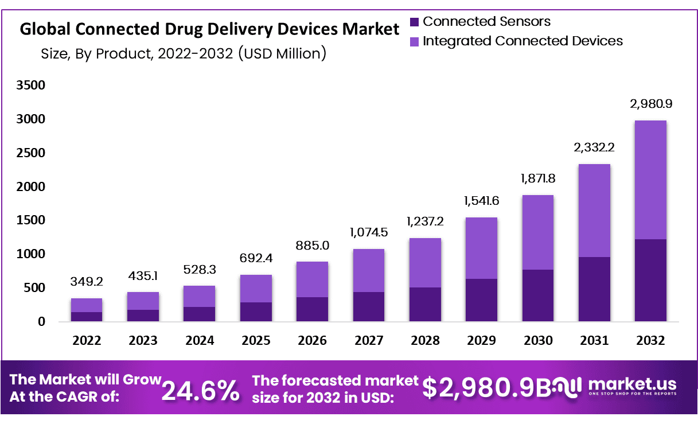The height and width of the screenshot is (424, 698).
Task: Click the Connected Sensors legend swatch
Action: [x=415, y=22]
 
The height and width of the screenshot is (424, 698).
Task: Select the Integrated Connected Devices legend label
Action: [x=522, y=41]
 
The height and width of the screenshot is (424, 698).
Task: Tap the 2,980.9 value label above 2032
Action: [x=650, y=104]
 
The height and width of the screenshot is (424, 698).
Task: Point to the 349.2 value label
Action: [x=87, y=282]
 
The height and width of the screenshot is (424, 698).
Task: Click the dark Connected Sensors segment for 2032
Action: [x=650, y=280]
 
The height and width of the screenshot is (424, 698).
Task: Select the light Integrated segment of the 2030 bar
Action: [x=537, y=232]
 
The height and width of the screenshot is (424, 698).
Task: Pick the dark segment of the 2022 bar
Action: [x=87, y=316]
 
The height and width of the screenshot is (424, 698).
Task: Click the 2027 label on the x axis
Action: [x=369, y=341]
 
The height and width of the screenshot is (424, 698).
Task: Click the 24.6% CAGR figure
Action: [x=200, y=391]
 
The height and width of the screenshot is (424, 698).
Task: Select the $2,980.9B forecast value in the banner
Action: [x=486, y=388]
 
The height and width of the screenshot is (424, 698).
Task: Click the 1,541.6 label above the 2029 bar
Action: [x=481, y=201]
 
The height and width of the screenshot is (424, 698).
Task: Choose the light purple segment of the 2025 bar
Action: [x=256, y=289]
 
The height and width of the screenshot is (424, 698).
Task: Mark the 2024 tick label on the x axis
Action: [x=200, y=341]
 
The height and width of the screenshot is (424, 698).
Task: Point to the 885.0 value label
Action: [x=312, y=246]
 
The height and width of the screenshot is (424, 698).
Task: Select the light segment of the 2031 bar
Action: [x=594, y=211]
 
